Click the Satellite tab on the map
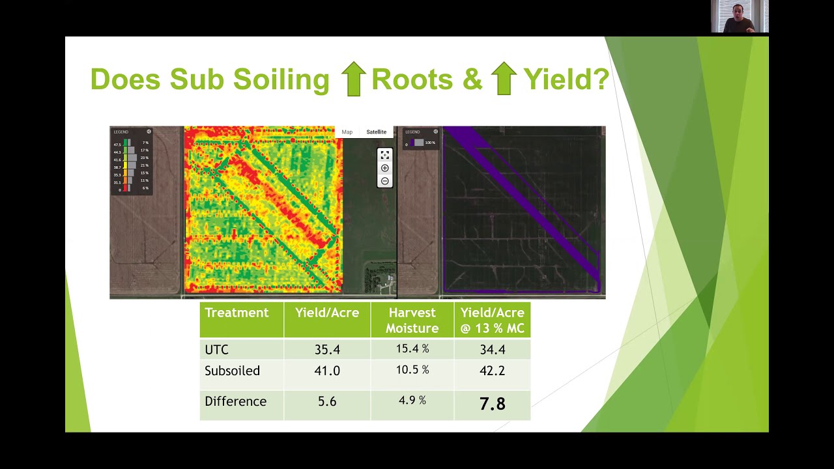tap(376, 132)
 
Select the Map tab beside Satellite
tap(347, 132)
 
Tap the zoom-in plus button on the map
tap(385, 168)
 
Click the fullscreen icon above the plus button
tap(385, 155)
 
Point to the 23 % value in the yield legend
tap(145, 158)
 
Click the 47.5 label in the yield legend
tap(117, 144)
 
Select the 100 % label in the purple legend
tap(430, 143)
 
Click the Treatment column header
tap(237, 313)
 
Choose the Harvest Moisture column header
tap(412, 320)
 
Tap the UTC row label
tap(216, 350)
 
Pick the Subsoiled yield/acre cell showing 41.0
tap(327, 371)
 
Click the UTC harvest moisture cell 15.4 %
tap(412, 349)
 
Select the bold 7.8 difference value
tap(492, 404)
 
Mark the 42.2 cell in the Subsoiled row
tap(492, 371)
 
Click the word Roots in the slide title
tap(412, 79)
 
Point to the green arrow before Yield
tap(503, 79)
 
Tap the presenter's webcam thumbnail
tap(740, 16)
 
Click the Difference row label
tap(235, 401)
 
